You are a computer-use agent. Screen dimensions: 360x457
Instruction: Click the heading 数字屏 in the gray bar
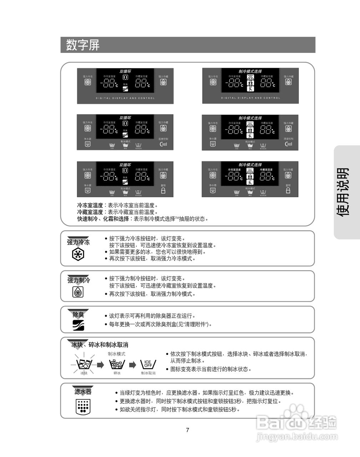tap(83, 45)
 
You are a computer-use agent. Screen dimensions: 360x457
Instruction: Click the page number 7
tap(188, 430)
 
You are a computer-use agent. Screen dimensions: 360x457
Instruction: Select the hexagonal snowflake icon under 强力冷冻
tap(78, 255)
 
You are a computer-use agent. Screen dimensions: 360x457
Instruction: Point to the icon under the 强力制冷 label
tap(78, 292)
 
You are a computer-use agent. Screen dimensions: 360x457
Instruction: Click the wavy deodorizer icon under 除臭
tap(78, 325)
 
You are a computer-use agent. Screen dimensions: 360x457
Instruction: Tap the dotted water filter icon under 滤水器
tap(83, 407)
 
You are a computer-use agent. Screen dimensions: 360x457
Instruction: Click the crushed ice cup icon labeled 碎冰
tap(117, 364)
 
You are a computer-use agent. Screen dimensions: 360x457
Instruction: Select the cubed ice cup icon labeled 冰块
tap(84, 365)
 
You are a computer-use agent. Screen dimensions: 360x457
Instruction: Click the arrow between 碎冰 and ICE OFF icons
tap(132, 365)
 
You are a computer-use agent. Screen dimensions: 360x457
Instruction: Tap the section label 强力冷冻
tap(78, 242)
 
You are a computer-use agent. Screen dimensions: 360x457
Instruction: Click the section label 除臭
tap(78, 315)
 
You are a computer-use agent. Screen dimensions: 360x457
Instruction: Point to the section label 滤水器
tap(83, 392)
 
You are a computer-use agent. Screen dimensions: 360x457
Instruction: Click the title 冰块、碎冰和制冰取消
tap(100, 345)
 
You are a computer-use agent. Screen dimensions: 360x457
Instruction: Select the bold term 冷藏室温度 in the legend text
tap(90, 212)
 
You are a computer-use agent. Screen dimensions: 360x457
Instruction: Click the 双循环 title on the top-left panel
tap(125, 71)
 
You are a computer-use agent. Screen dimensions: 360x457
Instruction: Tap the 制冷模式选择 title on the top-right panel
tap(250, 71)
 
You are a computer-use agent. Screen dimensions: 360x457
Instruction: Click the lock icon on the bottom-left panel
tap(163, 191)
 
